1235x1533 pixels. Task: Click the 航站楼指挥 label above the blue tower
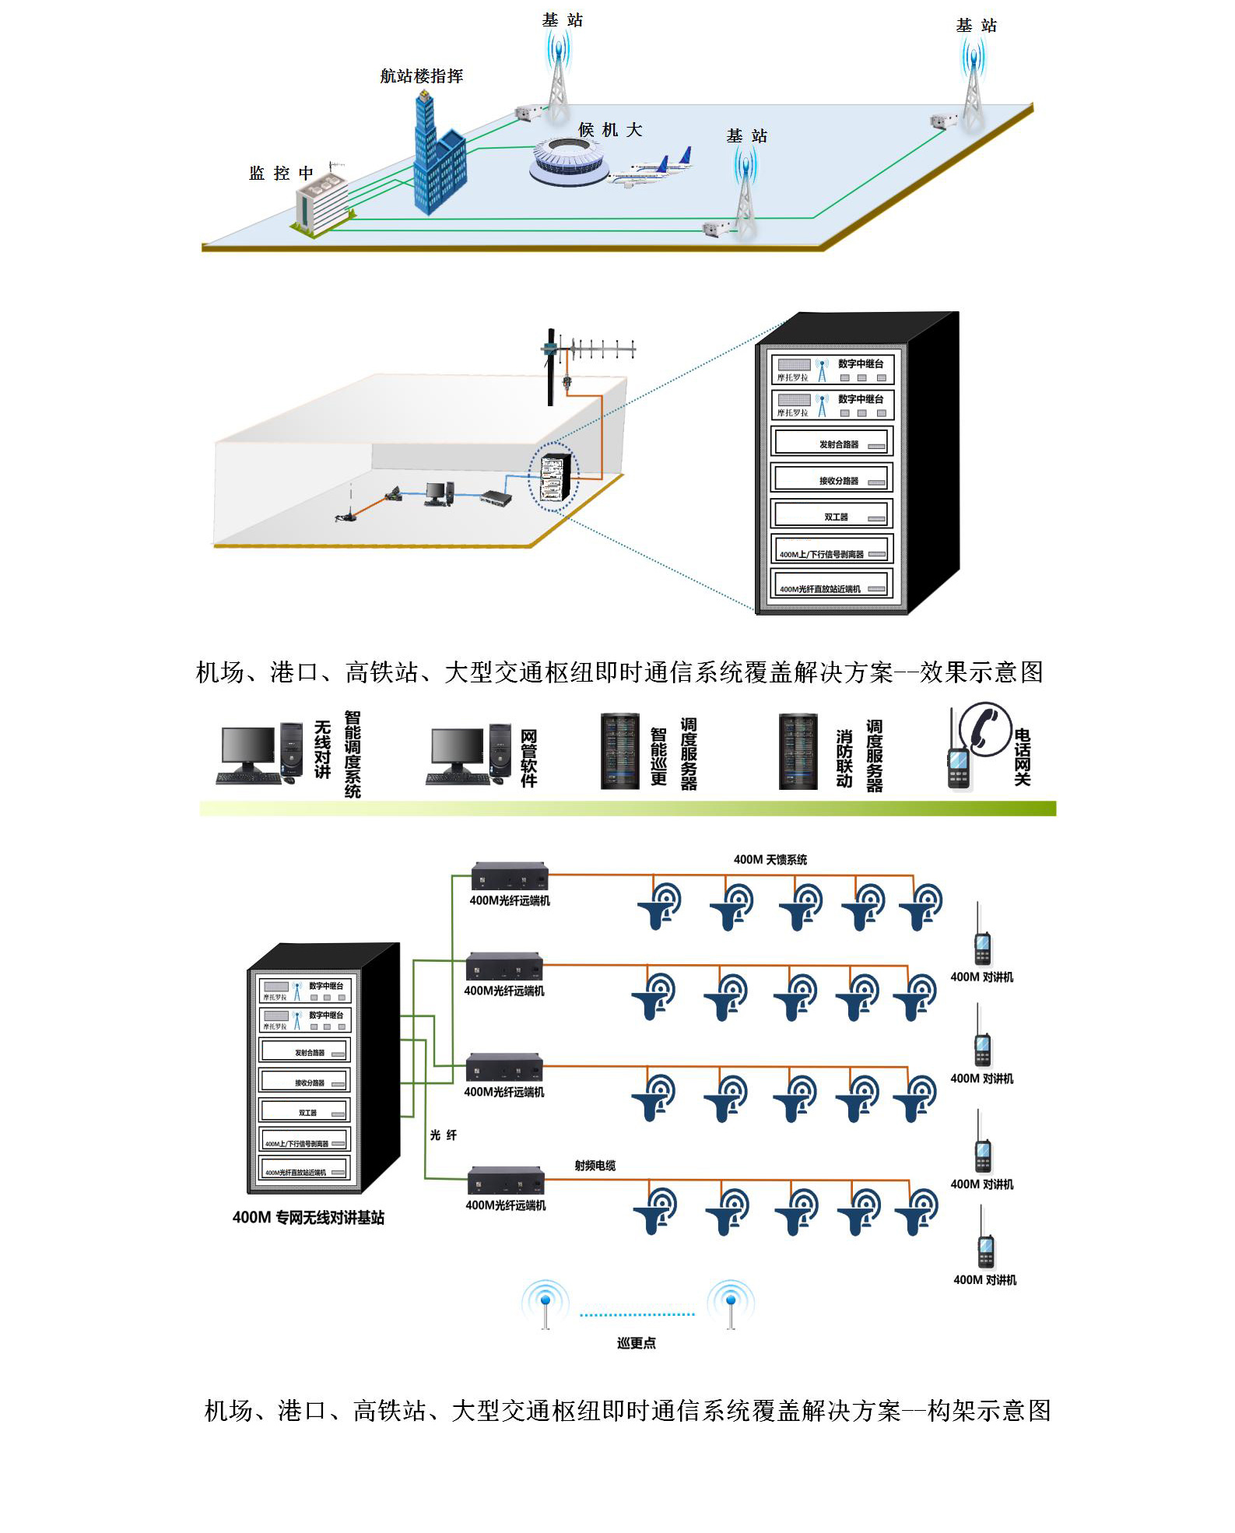click(421, 76)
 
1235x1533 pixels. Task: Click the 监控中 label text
click(281, 174)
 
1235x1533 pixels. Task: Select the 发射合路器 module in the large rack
click(831, 443)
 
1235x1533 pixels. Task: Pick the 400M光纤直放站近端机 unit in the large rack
click(831, 588)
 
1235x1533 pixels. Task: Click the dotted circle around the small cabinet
click(553, 477)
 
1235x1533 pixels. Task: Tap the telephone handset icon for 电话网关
click(985, 729)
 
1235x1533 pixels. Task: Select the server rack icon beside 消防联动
click(798, 752)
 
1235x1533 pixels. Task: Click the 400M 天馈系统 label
click(770, 859)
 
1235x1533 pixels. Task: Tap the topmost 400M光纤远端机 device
click(509, 877)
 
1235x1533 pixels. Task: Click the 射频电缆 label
click(595, 1165)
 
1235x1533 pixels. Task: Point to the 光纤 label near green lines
click(444, 1135)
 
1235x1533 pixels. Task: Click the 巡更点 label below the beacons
click(636, 1343)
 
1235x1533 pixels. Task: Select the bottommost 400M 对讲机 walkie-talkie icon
click(985, 1244)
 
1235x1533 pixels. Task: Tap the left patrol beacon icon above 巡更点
click(546, 1304)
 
